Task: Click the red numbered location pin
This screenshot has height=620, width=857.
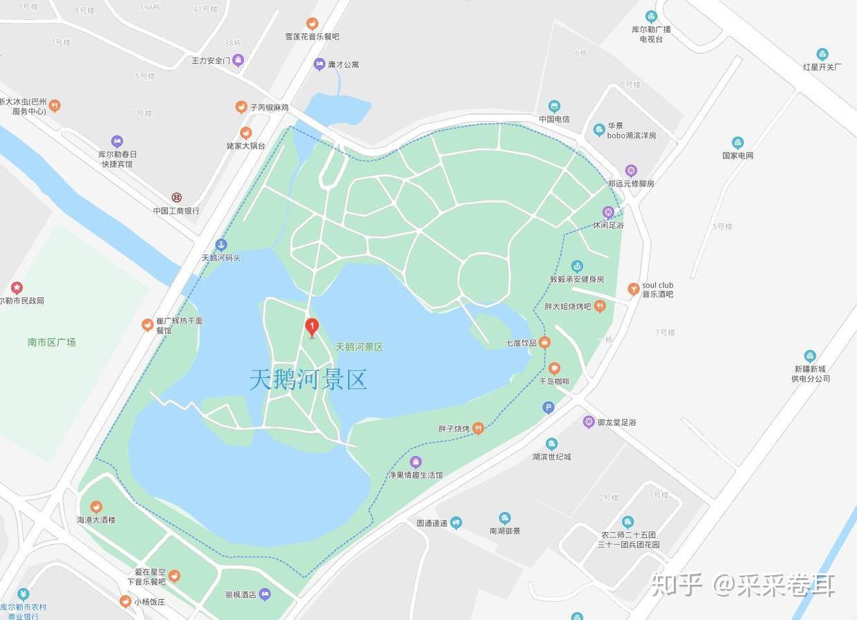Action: [312, 326]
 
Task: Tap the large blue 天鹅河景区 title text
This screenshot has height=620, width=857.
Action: [308, 379]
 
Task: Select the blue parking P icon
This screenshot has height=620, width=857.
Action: [548, 408]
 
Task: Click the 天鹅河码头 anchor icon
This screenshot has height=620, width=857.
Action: [221, 244]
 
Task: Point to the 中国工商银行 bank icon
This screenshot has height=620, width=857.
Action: [177, 198]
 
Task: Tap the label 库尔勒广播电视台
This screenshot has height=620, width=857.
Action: [651, 35]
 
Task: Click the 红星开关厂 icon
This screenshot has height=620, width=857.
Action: [822, 54]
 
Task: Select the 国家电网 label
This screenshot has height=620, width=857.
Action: [737, 156]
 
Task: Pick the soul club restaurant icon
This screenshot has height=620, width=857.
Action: [633, 289]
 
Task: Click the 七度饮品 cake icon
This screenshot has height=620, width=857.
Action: [545, 342]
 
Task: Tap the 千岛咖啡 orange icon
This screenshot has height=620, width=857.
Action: [554, 368]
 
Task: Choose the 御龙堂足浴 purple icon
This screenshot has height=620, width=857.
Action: [589, 422]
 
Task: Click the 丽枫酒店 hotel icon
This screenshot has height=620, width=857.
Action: [265, 594]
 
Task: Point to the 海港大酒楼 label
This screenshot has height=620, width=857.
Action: [96, 520]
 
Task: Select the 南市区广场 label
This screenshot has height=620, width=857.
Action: [52, 342]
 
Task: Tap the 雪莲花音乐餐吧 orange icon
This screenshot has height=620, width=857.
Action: [312, 24]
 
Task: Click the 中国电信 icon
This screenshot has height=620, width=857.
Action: [554, 106]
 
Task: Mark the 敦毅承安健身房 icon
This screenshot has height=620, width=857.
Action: [577, 266]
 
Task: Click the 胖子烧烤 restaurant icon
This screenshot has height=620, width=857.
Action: [478, 429]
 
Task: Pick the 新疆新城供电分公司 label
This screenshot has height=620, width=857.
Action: [811, 374]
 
